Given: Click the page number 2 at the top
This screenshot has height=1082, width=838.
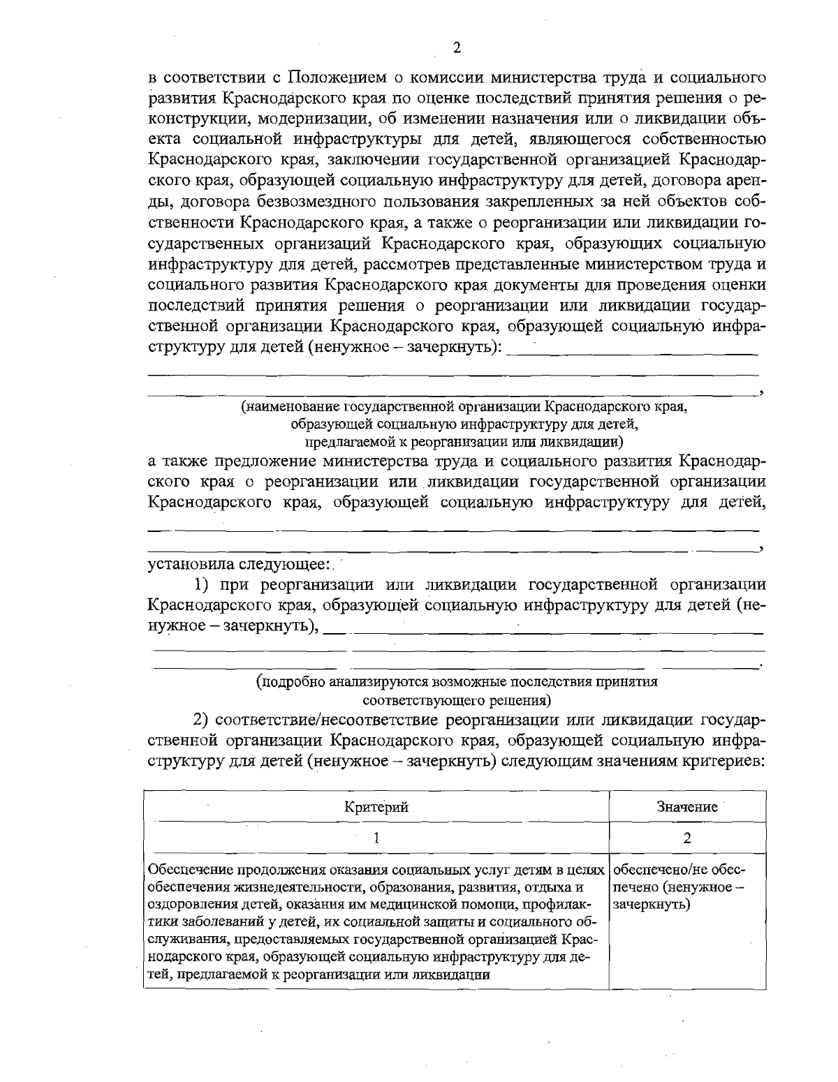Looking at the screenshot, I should (x=457, y=47).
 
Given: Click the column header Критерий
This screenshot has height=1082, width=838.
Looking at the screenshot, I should (x=376, y=807).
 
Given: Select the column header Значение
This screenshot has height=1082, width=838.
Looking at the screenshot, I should (x=687, y=807).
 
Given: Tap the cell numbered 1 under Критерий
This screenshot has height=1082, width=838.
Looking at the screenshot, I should (x=376, y=838).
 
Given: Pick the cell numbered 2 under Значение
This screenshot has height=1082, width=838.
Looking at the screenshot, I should (x=687, y=838).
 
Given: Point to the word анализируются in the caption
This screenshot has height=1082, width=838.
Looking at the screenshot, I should (x=377, y=682).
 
